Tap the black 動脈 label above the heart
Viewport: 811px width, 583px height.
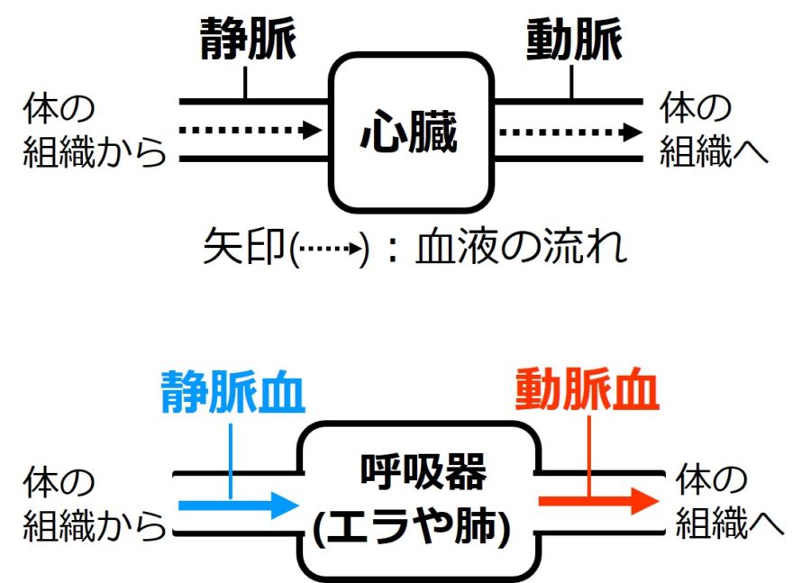point(572,38)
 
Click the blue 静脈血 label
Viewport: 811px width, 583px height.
point(232,392)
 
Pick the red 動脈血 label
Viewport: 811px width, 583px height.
point(588,392)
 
